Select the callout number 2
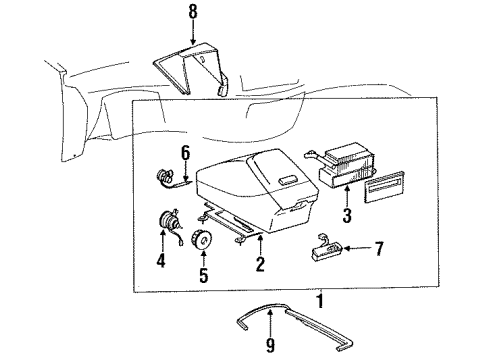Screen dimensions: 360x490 260,265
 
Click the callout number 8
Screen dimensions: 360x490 193,14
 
